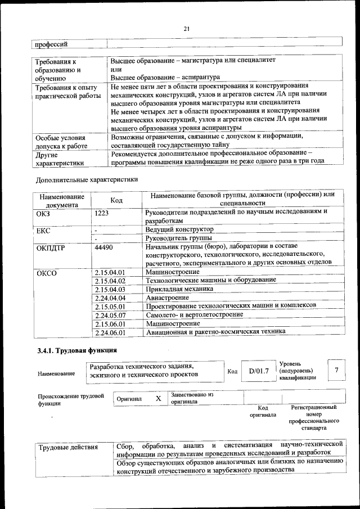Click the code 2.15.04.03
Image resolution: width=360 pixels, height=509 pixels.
[x=110, y=289]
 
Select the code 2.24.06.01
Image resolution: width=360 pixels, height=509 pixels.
[x=110, y=332]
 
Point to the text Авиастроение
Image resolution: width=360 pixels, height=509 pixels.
[x=167, y=297]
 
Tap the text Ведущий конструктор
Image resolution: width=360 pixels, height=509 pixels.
[x=179, y=229]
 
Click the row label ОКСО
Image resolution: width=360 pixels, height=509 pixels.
[x=47, y=272]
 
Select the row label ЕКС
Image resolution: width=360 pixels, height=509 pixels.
[x=43, y=230]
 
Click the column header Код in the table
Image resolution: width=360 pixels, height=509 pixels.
[x=116, y=200]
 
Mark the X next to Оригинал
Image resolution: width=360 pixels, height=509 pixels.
[x=158, y=398]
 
